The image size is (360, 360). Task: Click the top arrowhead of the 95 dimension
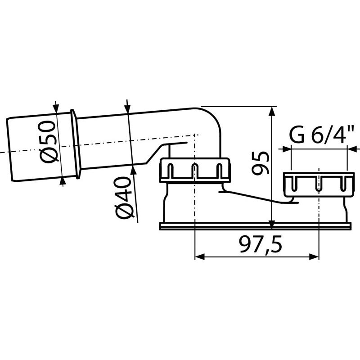[x=271, y=110]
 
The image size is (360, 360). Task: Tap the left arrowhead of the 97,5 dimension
[x=198, y=256]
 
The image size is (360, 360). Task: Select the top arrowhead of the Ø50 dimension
[x=56, y=108]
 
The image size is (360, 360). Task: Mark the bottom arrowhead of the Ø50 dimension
[x=62, y=181]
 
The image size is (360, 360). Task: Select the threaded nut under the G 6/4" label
[x=317, y=183]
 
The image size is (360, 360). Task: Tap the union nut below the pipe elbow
[x=195, y=170]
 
